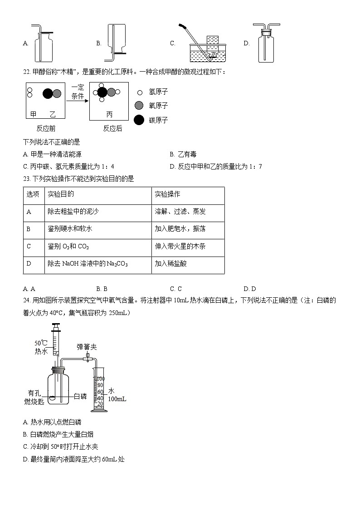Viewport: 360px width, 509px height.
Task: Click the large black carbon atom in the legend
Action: [x=139, y=120]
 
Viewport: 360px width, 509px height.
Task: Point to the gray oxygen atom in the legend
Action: [x=139, y=106]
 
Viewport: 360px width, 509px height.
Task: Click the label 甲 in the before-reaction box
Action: [x=33, y=114]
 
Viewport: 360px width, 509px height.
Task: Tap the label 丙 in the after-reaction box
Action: [x=109, y=114]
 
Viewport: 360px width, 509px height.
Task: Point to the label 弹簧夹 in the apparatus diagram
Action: [x=87, y=347]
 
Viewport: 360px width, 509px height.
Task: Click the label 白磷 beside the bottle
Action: [x=80, y=397]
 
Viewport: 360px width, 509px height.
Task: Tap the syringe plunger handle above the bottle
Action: [x=56, y=325]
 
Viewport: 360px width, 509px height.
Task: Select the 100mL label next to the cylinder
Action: [x=117, y=399]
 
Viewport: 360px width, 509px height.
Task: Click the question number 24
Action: [x=27, y=301]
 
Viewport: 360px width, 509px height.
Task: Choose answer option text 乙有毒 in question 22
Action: [x=187, y=155]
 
